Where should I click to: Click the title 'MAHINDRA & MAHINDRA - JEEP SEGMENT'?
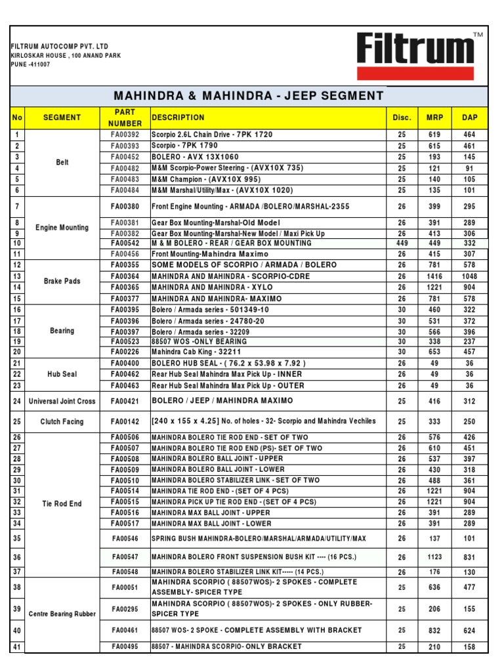tap(249, 96)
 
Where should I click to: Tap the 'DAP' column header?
tap(469, 117)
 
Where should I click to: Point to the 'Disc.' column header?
tap(402, 117)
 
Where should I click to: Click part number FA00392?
tap(125, 135)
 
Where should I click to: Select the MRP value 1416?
tap(434, 276)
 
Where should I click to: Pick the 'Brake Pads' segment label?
tap(62, 281)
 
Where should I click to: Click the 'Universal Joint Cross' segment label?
tap(62, 401)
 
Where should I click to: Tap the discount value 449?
tap(402, 243)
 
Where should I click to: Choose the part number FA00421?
tap(125, 401)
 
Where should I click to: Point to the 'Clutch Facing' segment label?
tap(62, 421)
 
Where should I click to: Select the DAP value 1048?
tap(469, 276)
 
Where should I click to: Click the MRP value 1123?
tap(434, 557)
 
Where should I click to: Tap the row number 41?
tap(17, 647)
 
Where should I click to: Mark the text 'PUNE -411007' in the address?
tap(30, 64)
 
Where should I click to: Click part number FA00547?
tap(125, 557)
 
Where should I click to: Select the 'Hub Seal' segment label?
tap(62, 374)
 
